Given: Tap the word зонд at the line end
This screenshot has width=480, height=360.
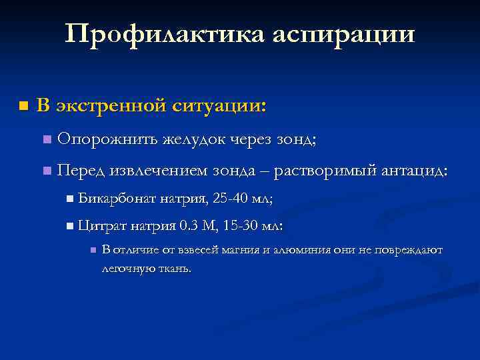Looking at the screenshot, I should [295, 139].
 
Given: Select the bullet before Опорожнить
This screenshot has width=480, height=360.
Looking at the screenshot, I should [45, 140].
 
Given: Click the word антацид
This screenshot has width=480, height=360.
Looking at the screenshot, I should [414, 171].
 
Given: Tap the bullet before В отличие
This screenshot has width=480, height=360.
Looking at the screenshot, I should [93, 251].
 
